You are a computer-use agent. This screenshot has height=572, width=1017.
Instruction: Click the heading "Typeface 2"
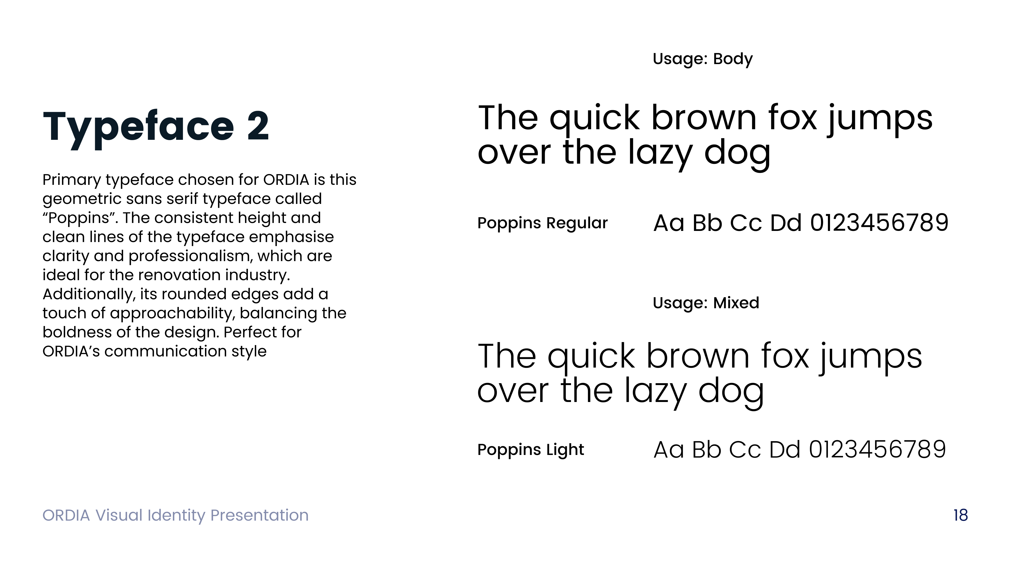click(x=156, y=127)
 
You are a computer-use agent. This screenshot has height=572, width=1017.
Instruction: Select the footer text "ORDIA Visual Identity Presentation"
click(x=175, y=515)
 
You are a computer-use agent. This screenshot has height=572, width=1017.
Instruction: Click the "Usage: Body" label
click(x=702, y=59)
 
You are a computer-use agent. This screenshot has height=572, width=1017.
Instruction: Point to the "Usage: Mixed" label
click(x=706, y=303)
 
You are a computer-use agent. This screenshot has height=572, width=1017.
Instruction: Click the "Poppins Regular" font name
click(x=542, y=223)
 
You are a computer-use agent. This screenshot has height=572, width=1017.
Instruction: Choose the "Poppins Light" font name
click(x=530, y=450)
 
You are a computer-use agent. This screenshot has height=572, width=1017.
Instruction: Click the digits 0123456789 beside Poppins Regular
click(x=879, y=223)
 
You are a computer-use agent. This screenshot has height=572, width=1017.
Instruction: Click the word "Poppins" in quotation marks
click(x=79, y=218)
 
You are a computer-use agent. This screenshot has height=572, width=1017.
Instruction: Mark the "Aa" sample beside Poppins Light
click(x=668, y=450)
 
